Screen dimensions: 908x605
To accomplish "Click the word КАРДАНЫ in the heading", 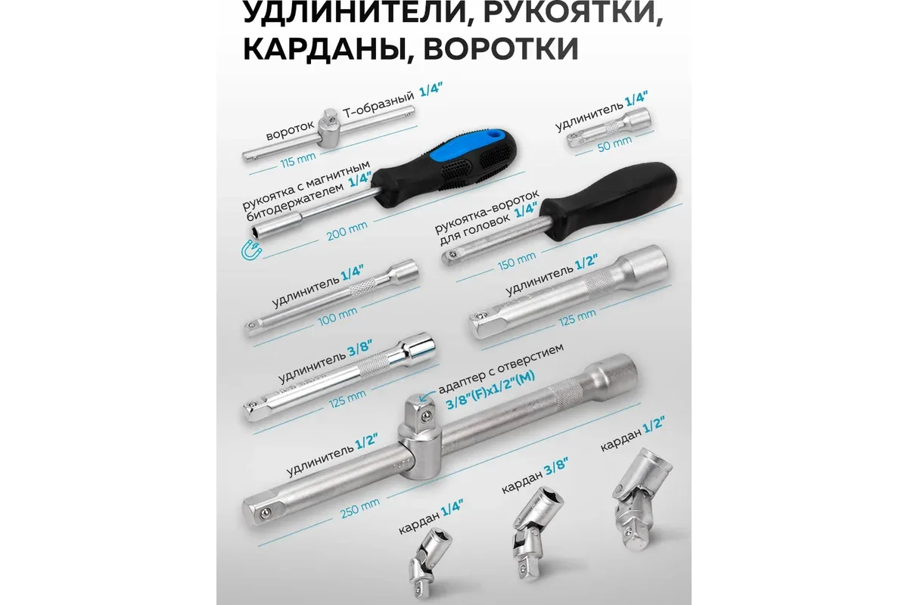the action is tap(323, 50).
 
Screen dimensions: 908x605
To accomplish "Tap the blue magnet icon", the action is tap(251, 250).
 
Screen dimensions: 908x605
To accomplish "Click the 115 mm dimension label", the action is tap(298, 160).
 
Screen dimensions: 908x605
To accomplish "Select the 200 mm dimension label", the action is tap(347, 231).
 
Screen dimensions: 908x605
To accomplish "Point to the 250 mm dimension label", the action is tap(360, 507).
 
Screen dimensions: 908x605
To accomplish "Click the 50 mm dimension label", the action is tap(614, 144).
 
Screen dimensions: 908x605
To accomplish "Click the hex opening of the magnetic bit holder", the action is tap(255, 234).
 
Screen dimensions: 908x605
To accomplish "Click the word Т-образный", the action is tap(379, 105).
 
